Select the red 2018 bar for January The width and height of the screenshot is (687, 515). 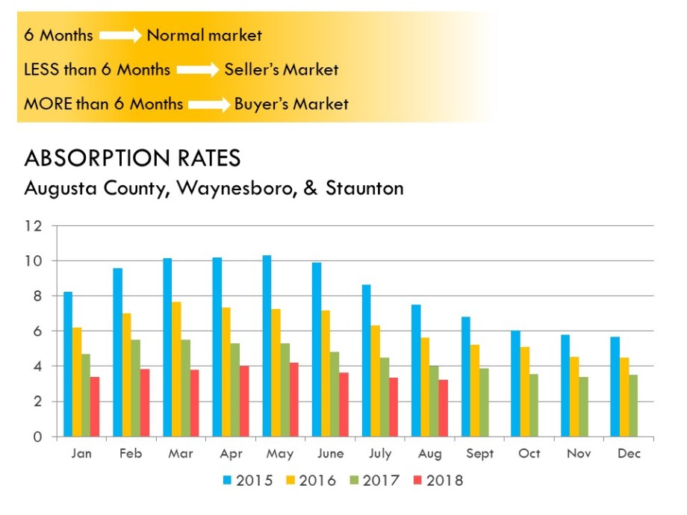tap(95, 407)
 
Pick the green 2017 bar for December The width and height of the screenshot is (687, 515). tap(633, 406)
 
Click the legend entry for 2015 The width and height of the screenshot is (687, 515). tap(249, 481)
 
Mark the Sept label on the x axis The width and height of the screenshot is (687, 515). tap(480, 454)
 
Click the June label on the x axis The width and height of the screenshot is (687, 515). tap(330, 454)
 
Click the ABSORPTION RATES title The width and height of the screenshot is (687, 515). tap(132, 158)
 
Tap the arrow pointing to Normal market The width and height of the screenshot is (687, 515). tap(120, 35)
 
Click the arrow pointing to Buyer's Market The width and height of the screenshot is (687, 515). tap(208, 104)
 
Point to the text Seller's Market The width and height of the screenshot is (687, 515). tap(281, 69)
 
